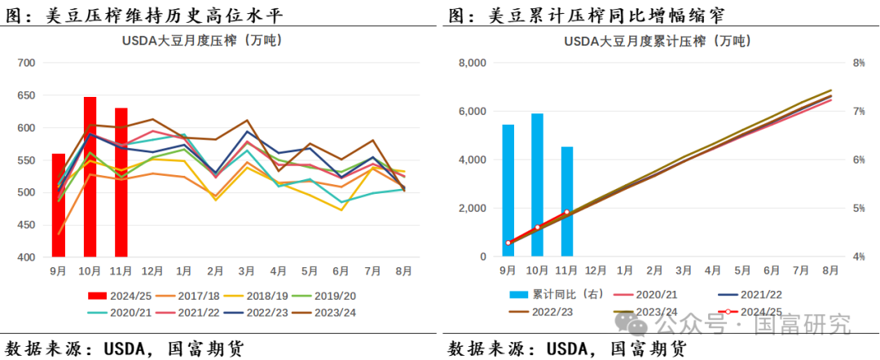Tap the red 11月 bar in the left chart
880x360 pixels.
(121, 182)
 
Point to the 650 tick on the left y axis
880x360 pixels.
(26, 95)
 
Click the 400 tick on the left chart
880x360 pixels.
(26, 257)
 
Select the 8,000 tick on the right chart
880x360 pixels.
(473, 63)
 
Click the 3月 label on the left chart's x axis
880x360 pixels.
(246, 270)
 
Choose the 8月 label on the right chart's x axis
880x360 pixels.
(830, 270)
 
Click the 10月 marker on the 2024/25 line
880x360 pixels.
(538, 227)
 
